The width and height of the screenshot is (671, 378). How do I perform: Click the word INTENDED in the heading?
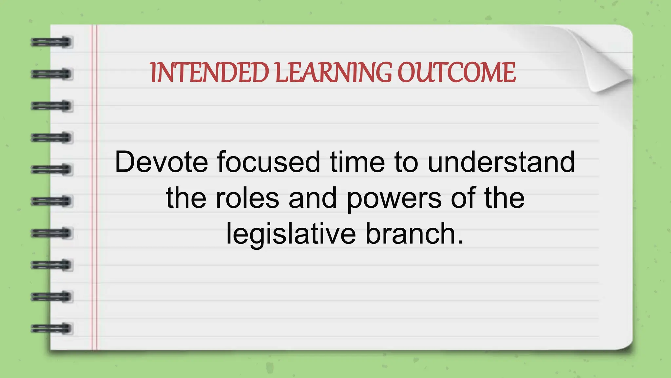point(210,73)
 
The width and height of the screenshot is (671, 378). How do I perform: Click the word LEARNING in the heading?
point(333,73)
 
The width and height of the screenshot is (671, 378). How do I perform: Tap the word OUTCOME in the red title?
point(456,73)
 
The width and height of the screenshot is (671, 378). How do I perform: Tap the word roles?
point(247,198)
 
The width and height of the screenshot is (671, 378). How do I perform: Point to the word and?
point(313,198)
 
